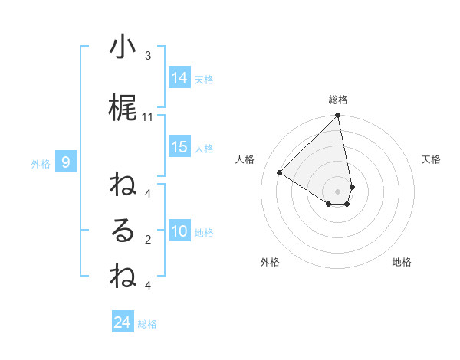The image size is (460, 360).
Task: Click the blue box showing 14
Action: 179,77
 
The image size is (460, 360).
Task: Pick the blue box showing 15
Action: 179,147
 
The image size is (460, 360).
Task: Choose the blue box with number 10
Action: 179,232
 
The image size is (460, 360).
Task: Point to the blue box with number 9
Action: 67,162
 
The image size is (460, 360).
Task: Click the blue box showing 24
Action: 123,322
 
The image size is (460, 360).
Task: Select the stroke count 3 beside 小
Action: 148,55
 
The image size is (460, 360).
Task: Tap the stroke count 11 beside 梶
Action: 148,117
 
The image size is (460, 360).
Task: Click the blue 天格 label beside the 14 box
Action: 204,79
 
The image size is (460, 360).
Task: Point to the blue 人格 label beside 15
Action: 204,149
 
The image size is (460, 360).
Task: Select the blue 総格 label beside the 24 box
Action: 147,324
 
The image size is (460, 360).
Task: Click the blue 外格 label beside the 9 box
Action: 41,163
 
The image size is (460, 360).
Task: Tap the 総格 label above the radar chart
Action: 338,100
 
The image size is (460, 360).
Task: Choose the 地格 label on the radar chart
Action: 402,262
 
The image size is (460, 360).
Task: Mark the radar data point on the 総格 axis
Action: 338,116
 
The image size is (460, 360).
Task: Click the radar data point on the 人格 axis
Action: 280,172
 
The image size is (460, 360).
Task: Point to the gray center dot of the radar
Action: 338,191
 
